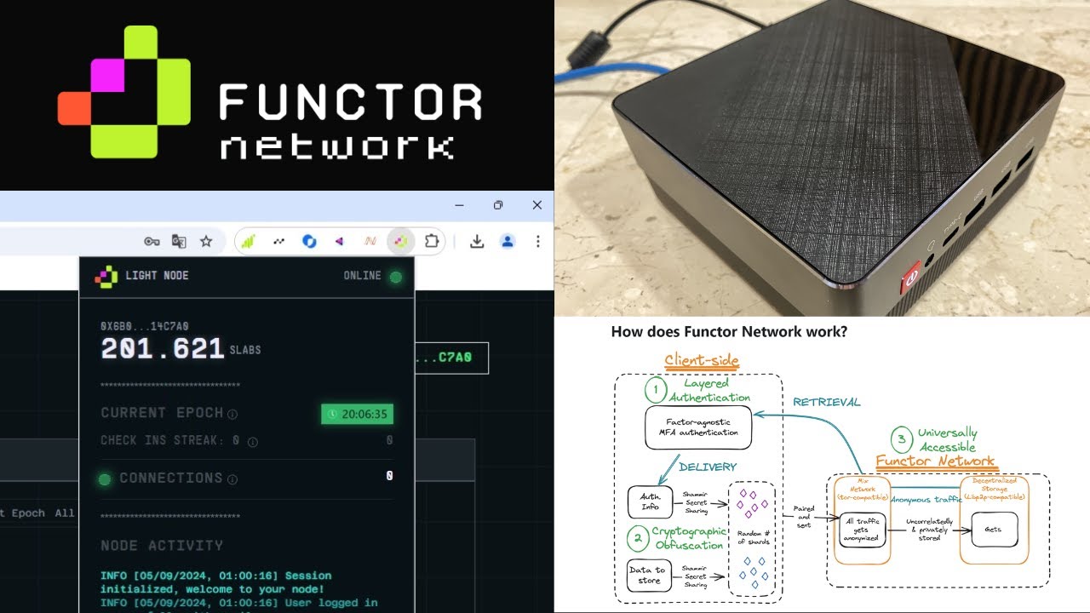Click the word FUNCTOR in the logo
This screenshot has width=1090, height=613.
[x=350, y=102]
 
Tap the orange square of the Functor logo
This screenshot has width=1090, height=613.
[x=74, y=107]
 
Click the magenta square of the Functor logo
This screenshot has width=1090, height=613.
[x=108, y=75]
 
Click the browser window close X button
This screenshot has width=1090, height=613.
[x=536, y=205]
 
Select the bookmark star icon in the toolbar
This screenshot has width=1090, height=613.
[x=206, y=241]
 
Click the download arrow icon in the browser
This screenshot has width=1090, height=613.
[x=477, y=241]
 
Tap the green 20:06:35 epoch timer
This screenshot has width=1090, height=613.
[x=357, y=415]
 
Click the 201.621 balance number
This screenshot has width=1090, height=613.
[x=163, y=348]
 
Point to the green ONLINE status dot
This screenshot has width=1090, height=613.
[x=395, y=277]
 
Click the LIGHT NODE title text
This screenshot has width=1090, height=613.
[x=157, y=276]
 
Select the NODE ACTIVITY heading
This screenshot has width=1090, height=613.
[x=162, y=545]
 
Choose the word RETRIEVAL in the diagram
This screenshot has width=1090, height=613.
[x=826, y=402]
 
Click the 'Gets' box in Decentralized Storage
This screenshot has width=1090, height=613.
[x=993, y=529]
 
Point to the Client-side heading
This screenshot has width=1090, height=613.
[x=701, y=360]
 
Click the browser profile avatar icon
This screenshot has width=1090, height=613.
[x=508, y=241]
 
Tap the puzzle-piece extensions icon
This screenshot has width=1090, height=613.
[x=432, y=241]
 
